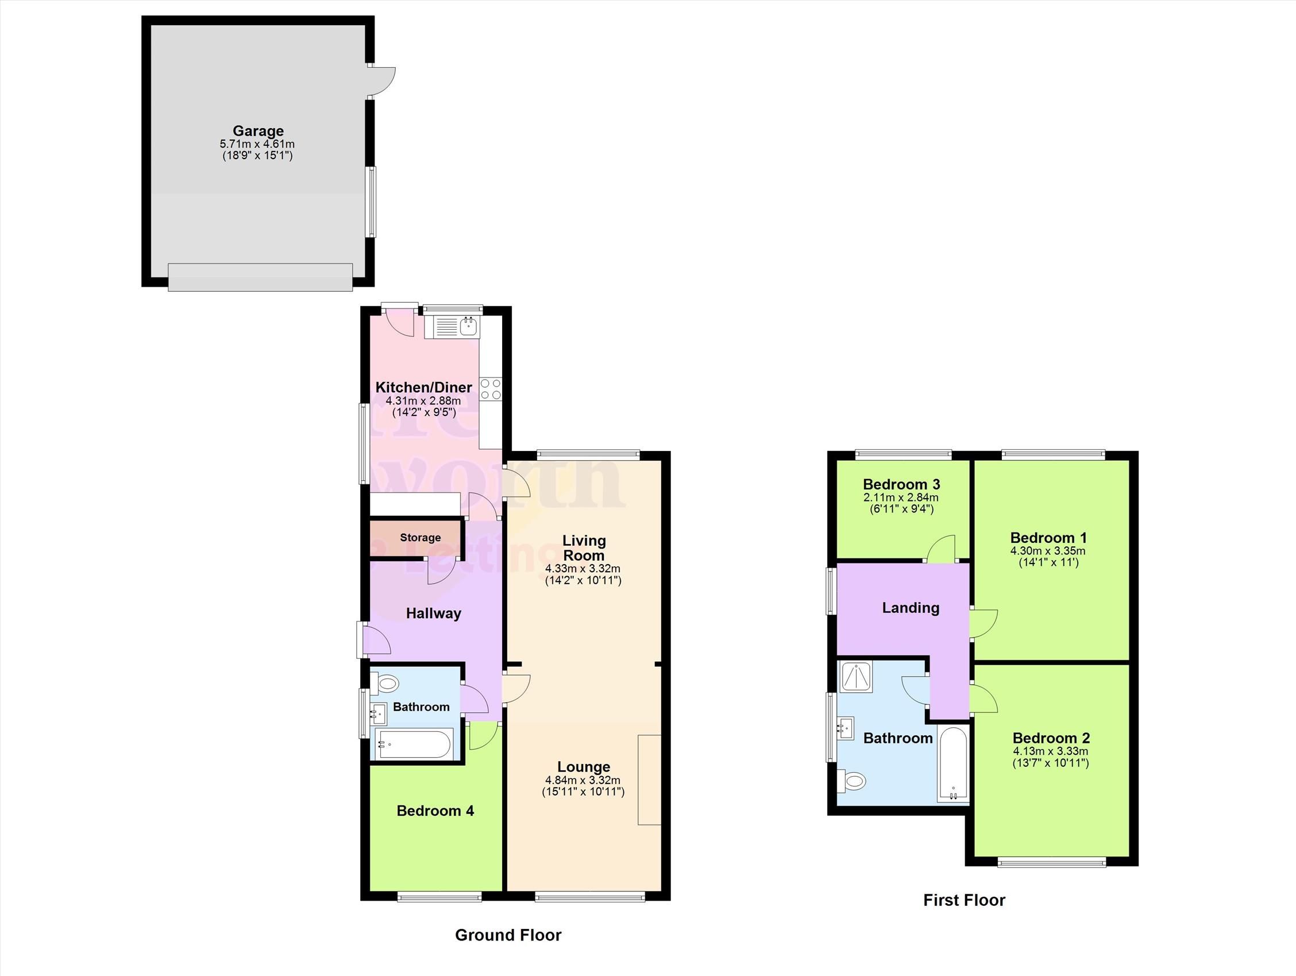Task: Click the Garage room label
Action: point(258,131)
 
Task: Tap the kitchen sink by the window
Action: point(468,326)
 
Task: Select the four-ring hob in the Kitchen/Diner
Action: point(491,389)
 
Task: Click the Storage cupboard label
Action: point(420,538)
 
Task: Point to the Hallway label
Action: point(434,614)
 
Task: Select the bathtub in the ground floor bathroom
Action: point(414,744)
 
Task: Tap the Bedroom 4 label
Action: point(435,811)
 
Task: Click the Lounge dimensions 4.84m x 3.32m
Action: point(583,780)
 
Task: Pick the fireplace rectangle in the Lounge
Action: point(649,780)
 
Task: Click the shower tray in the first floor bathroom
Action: point(856,677)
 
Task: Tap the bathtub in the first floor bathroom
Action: point(953,764)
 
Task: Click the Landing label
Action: point(911,608)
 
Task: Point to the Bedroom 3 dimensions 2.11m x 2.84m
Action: point(901,497)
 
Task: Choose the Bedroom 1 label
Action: point(1048,538)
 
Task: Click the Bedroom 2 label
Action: point(1051,738)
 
